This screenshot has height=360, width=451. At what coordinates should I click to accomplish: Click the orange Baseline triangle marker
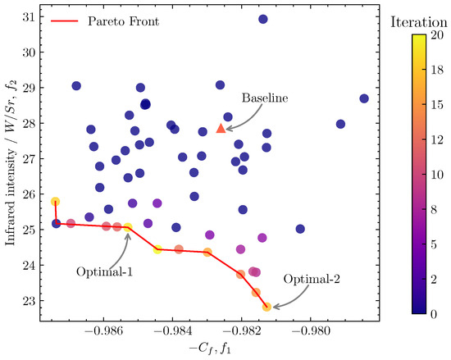[221, 128]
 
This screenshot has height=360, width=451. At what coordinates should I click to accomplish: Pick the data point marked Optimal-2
[266, 307]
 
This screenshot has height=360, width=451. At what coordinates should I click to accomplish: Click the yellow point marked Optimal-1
[128, 227]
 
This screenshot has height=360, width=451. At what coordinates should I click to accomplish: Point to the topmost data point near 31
[263, 19]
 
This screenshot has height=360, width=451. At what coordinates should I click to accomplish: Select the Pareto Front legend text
[122, 21]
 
